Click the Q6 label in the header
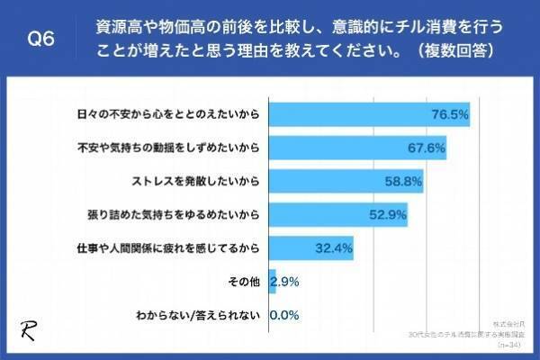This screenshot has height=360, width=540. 42,39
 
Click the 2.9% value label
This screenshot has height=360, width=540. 285,282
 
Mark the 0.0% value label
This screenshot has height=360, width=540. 284,315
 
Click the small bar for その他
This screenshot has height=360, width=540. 273,282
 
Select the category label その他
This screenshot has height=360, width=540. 246,282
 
